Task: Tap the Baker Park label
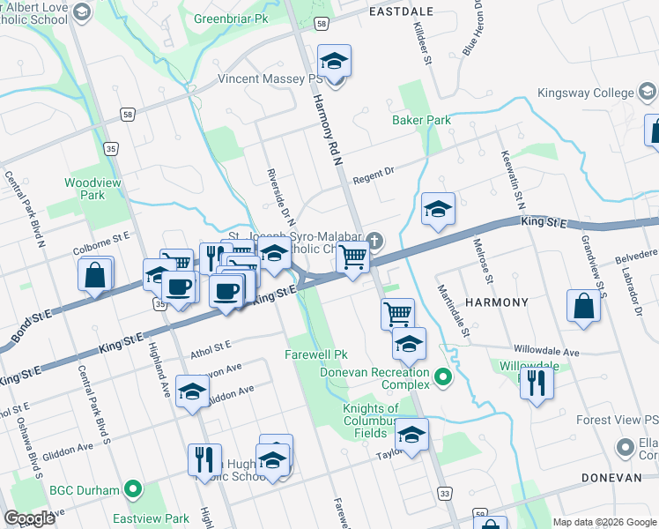point(421,120)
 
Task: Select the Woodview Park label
point(85,189)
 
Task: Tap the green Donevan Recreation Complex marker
point(443,379)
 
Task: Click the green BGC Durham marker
point(133,487)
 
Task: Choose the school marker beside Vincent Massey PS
point(334,61)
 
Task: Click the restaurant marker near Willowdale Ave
point(536,382)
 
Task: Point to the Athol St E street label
point(210,351)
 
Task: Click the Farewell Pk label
point(315,354)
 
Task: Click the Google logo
point(30,518)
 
